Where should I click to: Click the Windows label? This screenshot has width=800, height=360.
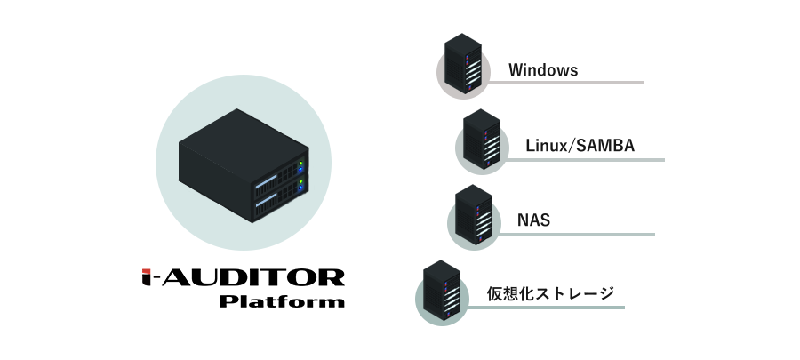pos(543,70)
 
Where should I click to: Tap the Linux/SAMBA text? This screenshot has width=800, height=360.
pos(580,145)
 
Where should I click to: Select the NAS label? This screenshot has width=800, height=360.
pos(533,220)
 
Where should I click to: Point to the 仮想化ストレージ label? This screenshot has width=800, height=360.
pos(550,293)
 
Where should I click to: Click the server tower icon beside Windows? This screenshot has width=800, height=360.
pos(463,63)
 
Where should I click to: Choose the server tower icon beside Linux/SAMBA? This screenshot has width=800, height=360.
pos(482,139)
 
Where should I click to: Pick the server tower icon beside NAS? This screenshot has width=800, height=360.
pos(474,214)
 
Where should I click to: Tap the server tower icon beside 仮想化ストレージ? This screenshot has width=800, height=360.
pos(442,290)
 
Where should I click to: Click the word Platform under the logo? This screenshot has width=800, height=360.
pos(282,300)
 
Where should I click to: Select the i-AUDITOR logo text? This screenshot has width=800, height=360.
pos(244,277)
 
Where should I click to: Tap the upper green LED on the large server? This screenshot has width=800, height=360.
pos(301,164)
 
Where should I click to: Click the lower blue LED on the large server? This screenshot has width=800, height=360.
pos(300,188)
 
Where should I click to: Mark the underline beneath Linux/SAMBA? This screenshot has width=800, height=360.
pos(584,160)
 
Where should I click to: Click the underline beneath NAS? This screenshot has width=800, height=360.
pos(575,235)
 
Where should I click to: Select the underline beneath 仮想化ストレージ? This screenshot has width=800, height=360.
pos(545,308)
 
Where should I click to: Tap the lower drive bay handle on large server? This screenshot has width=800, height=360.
pos(266,199)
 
